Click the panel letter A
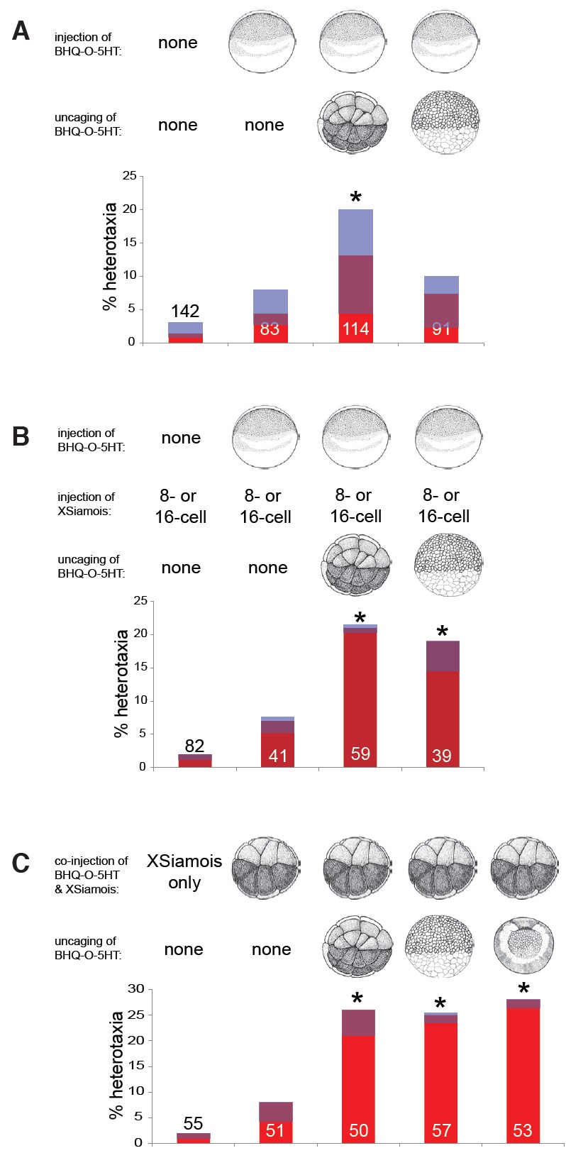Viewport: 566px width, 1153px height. pos(21,31)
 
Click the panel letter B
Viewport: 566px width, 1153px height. pos(21,436)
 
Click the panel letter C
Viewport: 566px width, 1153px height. pos(21,862)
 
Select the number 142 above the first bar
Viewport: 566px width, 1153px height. pos(185,311)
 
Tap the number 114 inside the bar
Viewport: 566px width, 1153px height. pos(355,329)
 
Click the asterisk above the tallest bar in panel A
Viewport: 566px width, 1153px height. pos(355,197)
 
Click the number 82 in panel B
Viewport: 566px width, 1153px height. pos(194,745)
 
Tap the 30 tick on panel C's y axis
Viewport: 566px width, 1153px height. pos(135,989)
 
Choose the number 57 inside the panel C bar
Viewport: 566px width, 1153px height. pos(441,1130)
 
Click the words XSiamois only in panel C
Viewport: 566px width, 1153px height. pos(184,871)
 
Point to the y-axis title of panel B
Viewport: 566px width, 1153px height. pos(121,683)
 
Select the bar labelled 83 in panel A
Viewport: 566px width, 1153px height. pos(270,316)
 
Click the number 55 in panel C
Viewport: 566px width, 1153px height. pos(193,1123)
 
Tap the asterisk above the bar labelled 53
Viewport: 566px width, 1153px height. pos(523,988)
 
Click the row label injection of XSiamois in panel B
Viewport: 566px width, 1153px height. pos(86,503)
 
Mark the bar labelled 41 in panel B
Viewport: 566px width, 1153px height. pos(277,741)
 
